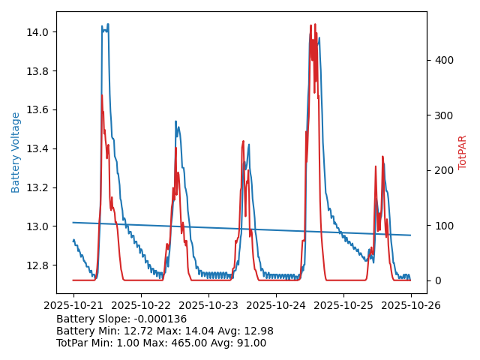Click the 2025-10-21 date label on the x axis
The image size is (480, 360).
tap(73, 305)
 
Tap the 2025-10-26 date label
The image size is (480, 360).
tap(410, 305)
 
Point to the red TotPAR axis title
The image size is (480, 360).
tap(463, 152)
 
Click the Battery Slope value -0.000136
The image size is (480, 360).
tap(160, 319)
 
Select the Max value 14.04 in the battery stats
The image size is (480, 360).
tap(203, 331)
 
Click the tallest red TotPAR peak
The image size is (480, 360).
tap(315, 25)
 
